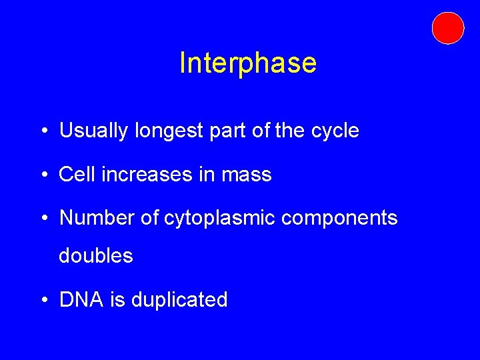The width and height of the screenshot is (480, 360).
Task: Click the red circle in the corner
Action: [x=447, y=28]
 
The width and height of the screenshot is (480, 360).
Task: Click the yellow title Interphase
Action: [x=248, y=63]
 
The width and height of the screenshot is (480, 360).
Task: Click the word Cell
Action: [x=74, y=175]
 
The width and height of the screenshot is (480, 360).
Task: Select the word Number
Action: [x=97, y=218]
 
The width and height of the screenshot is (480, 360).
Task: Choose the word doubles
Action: [x=96, y=255]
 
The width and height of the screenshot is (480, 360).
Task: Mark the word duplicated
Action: [x=179, y=300]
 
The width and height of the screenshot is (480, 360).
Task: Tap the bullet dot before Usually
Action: [x=43, y=131]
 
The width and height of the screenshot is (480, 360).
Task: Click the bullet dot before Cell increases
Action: [x=43, y=175]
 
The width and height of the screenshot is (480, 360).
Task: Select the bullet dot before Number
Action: [x=43, y=219]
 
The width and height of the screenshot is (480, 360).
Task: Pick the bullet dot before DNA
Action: [x=43, y=300]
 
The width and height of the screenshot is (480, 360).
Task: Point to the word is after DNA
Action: [x=117, y=299]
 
